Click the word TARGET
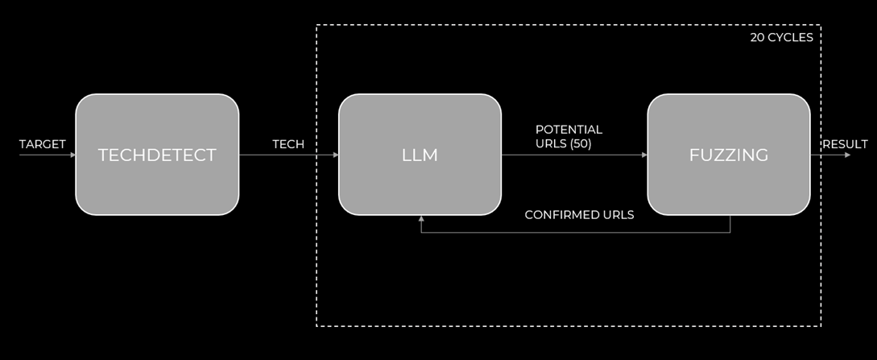click(x=43, y=144)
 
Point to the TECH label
click(x=288, y=144)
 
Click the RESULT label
click(x=845, y=144)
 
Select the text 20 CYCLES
click(x=781, y=37)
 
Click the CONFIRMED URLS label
click(x=579, y=215)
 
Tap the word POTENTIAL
click(x=569, y=130)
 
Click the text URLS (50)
click(x=563, y=144)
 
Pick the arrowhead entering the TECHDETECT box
click(x=72, y=155)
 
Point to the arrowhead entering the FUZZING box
click(x=644, y=155)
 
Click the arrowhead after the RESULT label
click(x=846, y=155)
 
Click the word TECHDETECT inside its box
click(x=157, y=155)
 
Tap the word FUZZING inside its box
click(x=729, y=155)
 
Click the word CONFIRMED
click(x=557, y=215)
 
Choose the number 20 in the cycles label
click(x=757, y=37)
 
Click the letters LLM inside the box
click(x=420, y=155)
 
